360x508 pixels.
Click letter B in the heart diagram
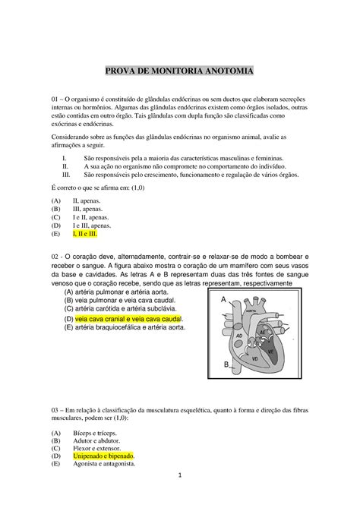[x=226, y=364]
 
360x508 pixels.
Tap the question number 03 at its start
[x=55, y=405]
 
